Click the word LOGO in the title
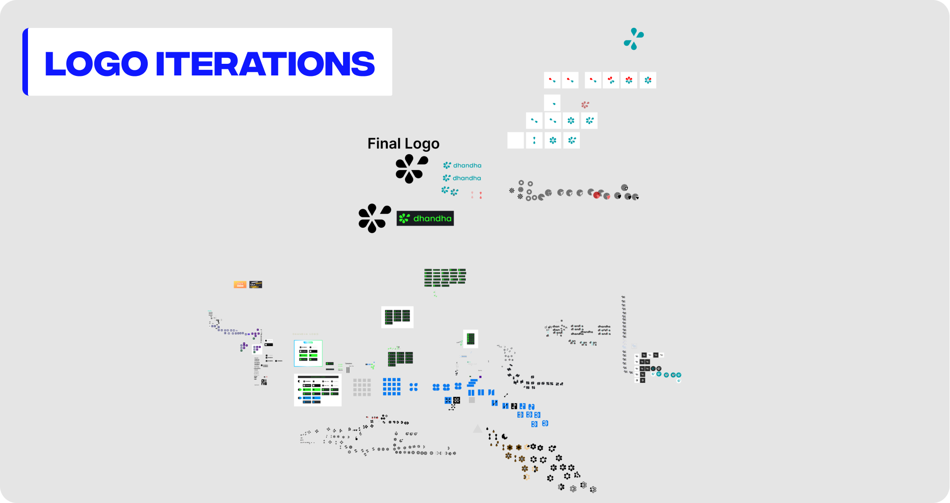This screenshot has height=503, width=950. point(96,64)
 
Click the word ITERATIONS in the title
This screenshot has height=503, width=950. point(265,64)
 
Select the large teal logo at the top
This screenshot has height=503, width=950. point(633,39)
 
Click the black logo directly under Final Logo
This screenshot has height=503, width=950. point(411,169)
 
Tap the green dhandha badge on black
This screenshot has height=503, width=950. point(425,218)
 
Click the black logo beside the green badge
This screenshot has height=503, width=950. point(374,218)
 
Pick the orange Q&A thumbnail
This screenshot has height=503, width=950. point(240,285)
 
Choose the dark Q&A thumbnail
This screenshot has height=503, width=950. point(255,285)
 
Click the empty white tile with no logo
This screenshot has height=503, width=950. point(516,140)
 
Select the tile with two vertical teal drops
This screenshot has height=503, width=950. point(534,140)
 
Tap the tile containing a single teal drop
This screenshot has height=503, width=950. point(552,103)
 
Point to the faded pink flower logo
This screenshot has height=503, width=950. point(585,105)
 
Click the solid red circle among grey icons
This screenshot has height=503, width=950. point(597,195)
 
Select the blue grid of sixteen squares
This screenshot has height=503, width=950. point(392,387)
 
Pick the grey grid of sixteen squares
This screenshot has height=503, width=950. point(362,387)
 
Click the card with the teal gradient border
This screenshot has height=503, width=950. point(308,353)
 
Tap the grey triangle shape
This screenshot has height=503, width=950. point(477,429)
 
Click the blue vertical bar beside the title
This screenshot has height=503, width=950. point(25,62)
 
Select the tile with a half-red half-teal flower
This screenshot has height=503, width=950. point(611,80)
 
